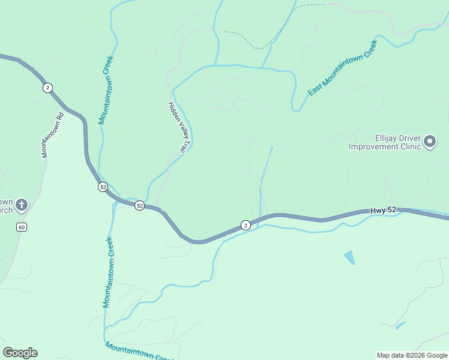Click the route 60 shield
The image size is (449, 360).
tap(22, 227)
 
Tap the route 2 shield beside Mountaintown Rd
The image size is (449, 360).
tap(47, 88)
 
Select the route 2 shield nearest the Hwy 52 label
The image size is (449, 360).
tap(246, 225)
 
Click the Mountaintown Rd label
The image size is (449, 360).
tap(52, 136)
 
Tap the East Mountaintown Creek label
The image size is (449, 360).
tap(342, 68)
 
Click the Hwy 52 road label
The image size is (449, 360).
tap(383, 210)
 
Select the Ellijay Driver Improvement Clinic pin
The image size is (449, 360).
tap(430, 142)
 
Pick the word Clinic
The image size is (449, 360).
tap(406, 146)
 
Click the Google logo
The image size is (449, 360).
tap(20, 353)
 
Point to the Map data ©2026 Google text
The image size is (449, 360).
tap(412, 355)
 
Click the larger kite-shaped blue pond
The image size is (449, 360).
tap(349, 257)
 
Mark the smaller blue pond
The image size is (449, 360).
tap(400, 326)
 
